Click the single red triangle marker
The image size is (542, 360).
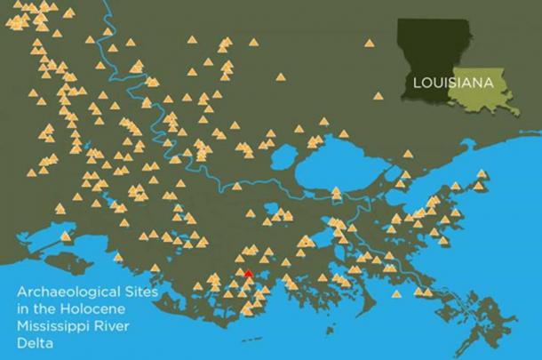(x=249, y=274)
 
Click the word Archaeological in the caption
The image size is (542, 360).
(x=70, y=292)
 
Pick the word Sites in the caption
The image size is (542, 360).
(x=137, y=292)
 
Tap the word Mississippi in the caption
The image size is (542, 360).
(x=57, y=324)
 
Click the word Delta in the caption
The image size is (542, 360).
(x=41, y=340)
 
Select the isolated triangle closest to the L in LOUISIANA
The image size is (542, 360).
(x=379, y=96)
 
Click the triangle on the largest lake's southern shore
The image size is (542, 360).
(x=336, y=192)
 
